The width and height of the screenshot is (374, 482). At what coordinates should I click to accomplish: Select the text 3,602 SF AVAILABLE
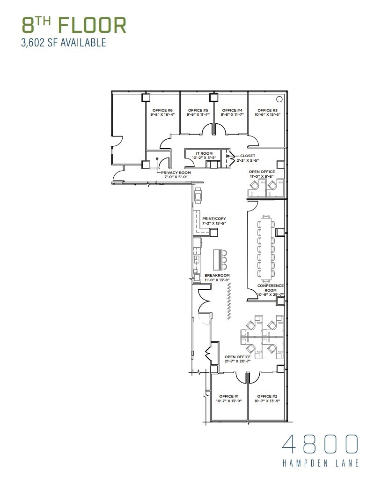tap(64, 43)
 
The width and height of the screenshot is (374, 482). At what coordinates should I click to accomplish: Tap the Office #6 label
tap(162, 111)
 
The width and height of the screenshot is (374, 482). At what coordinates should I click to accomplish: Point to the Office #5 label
tap(197, 111)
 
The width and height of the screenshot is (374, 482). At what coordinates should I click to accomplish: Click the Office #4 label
tap(232, 111)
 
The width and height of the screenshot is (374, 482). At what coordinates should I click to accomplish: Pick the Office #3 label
tap(267, 111)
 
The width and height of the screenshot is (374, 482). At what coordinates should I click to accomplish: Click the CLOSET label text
tap(248, 156)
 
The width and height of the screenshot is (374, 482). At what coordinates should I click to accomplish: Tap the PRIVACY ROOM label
tap(176, 173)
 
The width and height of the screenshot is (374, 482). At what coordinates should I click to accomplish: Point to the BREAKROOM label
tap(217, 275)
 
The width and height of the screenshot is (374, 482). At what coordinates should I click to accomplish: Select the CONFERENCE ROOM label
tap(270, 288)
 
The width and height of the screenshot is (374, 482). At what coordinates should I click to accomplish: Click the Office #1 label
tap(228, 396)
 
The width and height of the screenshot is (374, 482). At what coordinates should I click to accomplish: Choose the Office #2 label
tap(267, 396)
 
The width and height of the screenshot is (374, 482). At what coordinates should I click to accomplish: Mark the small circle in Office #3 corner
tap(279, 99)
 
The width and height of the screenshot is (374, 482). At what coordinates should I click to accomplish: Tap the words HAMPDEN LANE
tap(321, 463)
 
